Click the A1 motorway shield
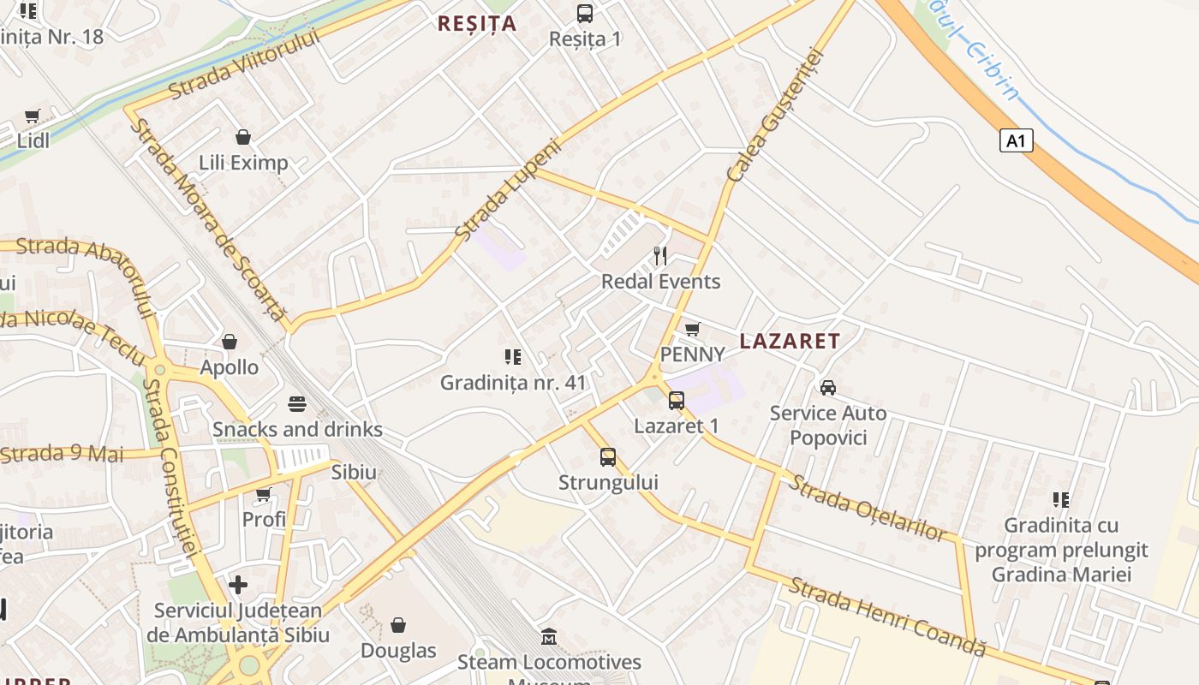pyautogui.click(x=1016, y=140)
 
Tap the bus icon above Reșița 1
pyautogui.click(x=585, y=14)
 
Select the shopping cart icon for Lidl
pyautogui.click(x=33, y=116)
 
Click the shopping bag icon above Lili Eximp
pyautogui.click(x=243, y=137)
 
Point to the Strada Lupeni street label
pyautogui.click(x=508, y=189)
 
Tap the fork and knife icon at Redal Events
pyautogui.click(x=660, y=255)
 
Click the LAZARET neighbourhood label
pyautogui.click(x=790, y=341)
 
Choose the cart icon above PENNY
pyautogui.click(x=693, y=329)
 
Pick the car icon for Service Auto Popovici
pyautogui.click(x=828, y=388)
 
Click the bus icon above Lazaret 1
pyautogui.click(x=677, y=400)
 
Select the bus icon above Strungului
pyautogui.click(x=608, y=457)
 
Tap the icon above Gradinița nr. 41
pyautogui.click(x=513, y=356)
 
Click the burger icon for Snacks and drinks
pyautogui.click(x=297, y=403)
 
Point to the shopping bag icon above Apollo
pyautogui.click(x=230, y=342)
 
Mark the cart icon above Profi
pyautogui.click(x=264, y=494)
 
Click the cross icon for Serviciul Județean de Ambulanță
pyautogui.click(x=238, y=585)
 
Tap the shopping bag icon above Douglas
pyautogui.click(x=398, y=625)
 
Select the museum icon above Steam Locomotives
pyautogui.click(x=549, y=637)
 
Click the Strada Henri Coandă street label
pyautogui.click(x=886, y=616)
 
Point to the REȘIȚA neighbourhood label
pyautogui.click(x=477, y=24)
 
